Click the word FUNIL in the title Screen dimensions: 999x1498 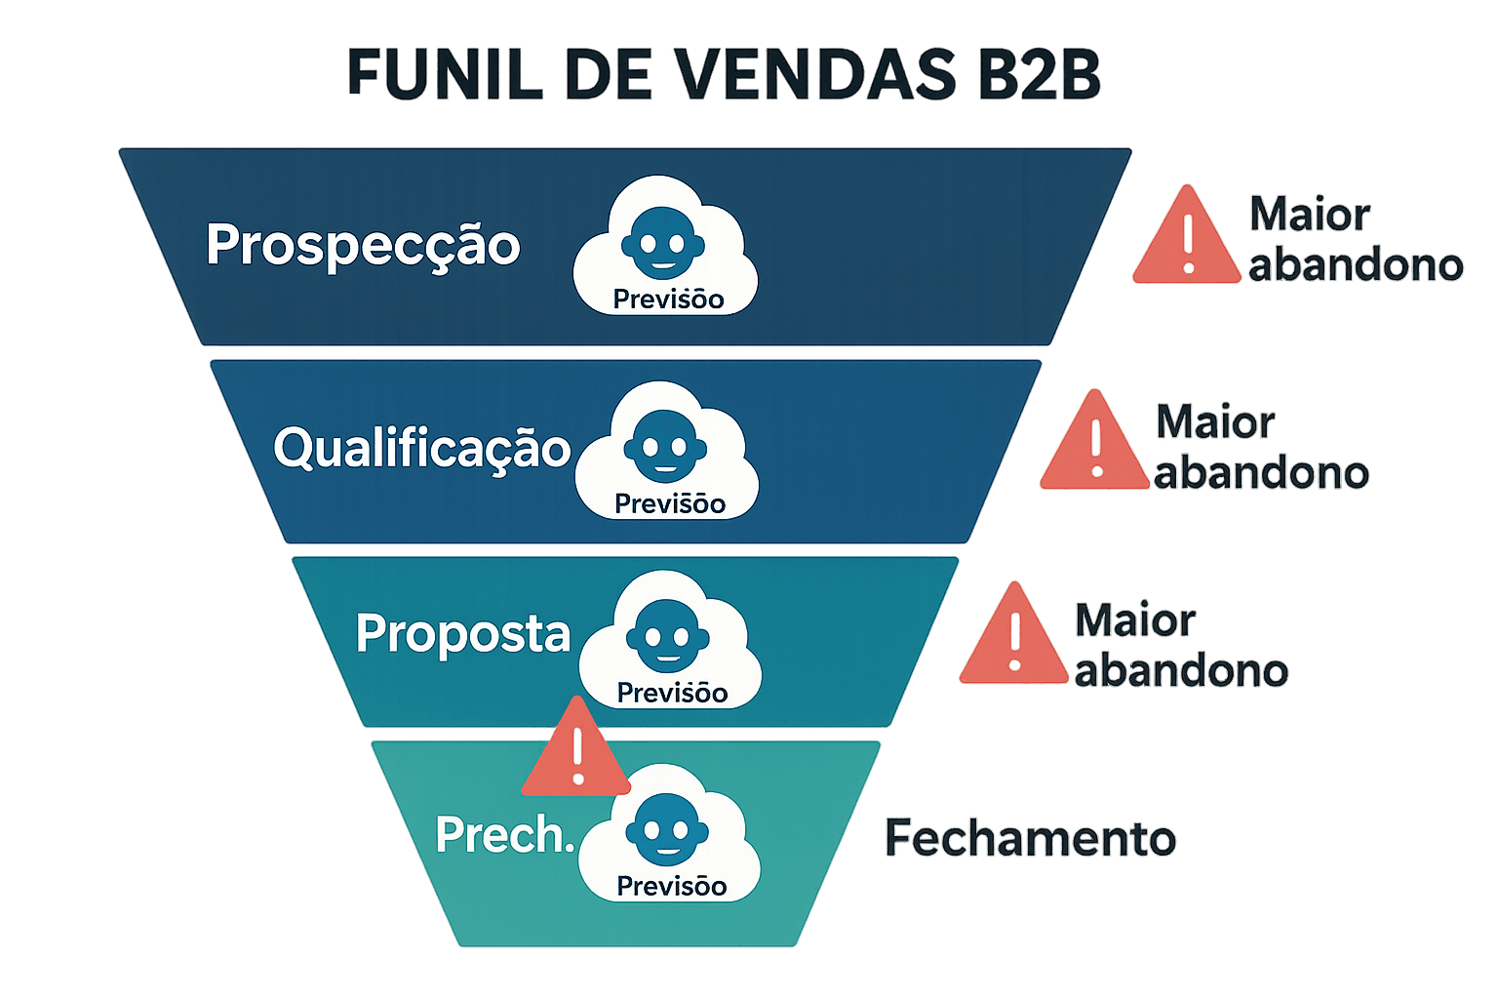click(x=444, y=75)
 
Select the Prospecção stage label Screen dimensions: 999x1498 click(x=363, y=245)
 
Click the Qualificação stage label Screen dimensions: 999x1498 click(x=421, y=449)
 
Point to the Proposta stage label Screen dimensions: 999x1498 click(x=462, y=634)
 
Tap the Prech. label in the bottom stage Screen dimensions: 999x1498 click(x=503, y=836)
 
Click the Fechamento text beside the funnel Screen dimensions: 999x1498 click(x=1030, y=839)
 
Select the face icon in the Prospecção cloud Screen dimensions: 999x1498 click(x=663, y=243)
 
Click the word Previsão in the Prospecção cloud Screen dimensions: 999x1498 click(x=668, y=300)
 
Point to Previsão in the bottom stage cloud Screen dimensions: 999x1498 click(x=672, y=887)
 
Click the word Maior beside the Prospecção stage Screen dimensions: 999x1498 click(x=1310, y=215)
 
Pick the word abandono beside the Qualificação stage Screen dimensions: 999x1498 click(x=1261, y=473)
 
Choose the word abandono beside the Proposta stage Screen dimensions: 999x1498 click(x=1181, y=671)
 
